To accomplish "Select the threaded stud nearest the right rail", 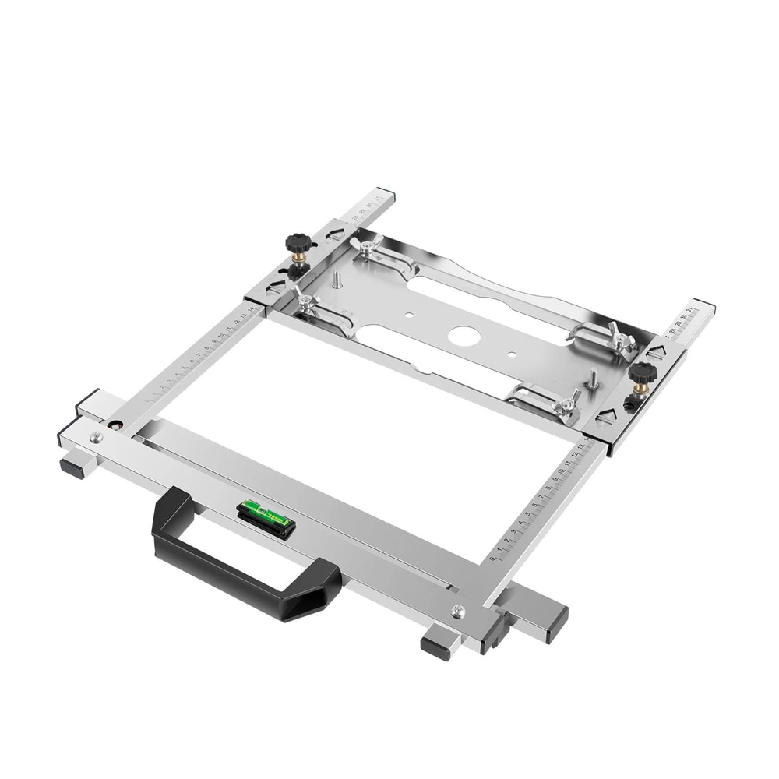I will [592, 379].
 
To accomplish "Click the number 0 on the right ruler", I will [492, 559].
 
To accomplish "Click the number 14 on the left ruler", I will [251, 309].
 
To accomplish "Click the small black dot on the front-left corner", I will [115, 425].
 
